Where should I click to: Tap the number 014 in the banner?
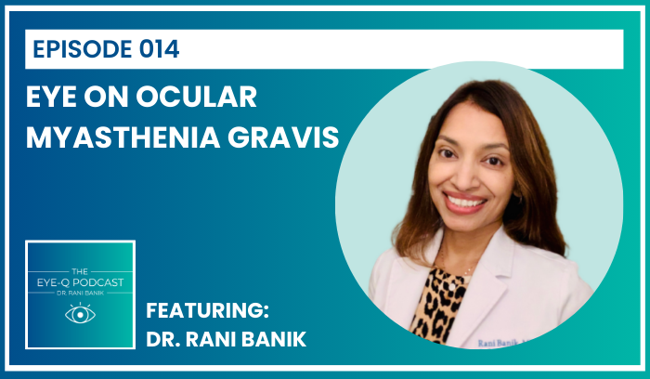[152, 48]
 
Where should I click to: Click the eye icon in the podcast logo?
[80, 314]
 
